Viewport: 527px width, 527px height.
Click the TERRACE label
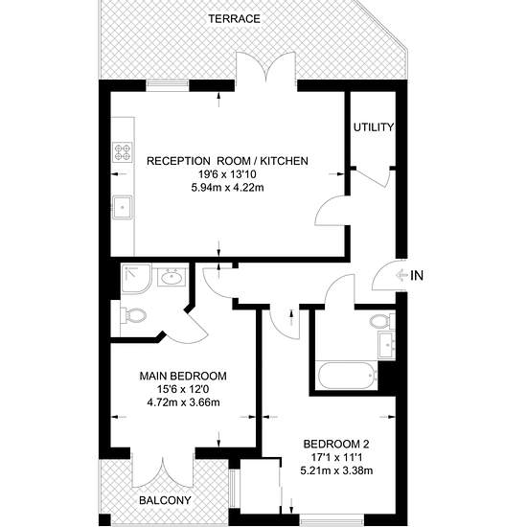[x=234, y=19]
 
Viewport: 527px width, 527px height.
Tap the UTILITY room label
[x=374, y=127]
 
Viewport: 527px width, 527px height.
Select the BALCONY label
[x=165, y=500]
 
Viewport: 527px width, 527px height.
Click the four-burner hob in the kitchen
[x=123, y=152]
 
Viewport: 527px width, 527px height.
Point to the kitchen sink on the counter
[x=123, y=207]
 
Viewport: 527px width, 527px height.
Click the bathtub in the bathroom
[x=347, y=376]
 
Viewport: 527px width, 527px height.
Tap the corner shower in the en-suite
[x=136, y=278]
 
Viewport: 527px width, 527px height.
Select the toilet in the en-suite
[x=133, y=315]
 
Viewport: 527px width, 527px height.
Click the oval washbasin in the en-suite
[x=172, y=278]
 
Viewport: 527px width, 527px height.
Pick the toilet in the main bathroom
[x=382, y=321]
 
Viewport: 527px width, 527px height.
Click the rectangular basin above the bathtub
[x=386, y=345]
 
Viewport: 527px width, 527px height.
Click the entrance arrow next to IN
[x=401, y=276]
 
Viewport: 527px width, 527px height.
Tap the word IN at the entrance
[x=417, y=276]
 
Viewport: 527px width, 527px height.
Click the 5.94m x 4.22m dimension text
[x=227, y=188]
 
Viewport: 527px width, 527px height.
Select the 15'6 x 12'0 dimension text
[x=183, y=389]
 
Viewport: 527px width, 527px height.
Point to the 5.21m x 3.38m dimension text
[x=336, y=470]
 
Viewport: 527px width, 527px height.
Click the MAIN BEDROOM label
[x=183, y=376]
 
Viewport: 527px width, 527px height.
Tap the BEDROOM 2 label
[x=336, y=444]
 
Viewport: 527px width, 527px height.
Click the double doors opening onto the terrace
[x=265, y=67]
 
